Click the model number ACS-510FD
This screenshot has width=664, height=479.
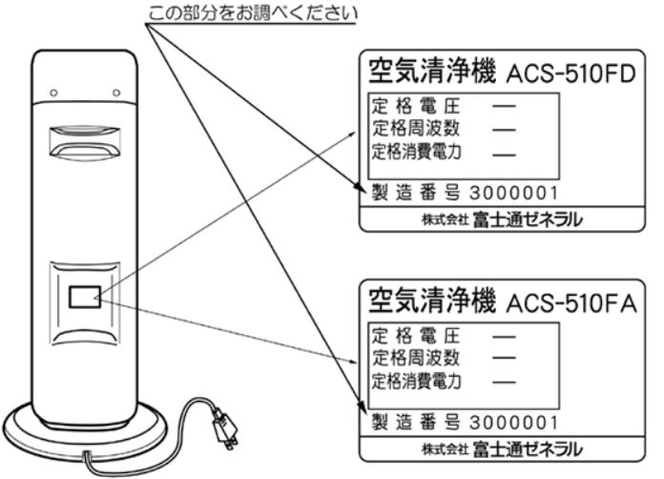(x=571, y=74)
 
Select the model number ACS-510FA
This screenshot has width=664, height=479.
(x=571, y=303)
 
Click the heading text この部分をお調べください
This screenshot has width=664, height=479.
(x=253, y=13)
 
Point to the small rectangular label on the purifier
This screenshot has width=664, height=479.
(x=85, y=297)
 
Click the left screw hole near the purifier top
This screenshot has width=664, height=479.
(x=53, y=93)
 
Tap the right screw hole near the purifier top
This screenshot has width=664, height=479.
(x=116, y=93)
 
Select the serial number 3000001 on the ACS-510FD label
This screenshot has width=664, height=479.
(x=513, y=193)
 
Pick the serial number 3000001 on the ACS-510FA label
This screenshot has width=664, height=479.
(x=513, y=423)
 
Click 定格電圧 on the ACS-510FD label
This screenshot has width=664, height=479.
(x=416, y=106)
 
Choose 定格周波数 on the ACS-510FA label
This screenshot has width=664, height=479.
(x=416, y=358)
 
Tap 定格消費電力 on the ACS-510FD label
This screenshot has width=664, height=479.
(x=416, y=152)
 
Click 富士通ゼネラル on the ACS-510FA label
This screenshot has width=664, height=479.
(x=528, y=449)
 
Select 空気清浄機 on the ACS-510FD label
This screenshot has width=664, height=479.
(x=431, y=72)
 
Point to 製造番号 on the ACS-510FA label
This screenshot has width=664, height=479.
(x=415, y=423)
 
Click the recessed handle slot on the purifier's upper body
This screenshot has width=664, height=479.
(x=85, y=142)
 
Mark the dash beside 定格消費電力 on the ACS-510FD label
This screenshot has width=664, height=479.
(x=505, y=155)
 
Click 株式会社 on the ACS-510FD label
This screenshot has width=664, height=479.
(x=445, y=219)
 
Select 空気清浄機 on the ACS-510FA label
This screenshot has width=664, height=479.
(x=431, y=302)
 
